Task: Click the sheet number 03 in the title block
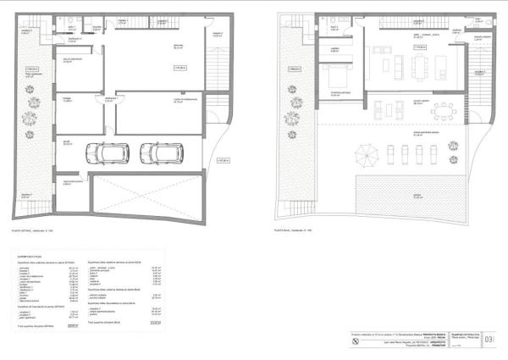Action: [x=489, y=341]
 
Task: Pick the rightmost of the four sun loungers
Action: [x=430, y=155]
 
